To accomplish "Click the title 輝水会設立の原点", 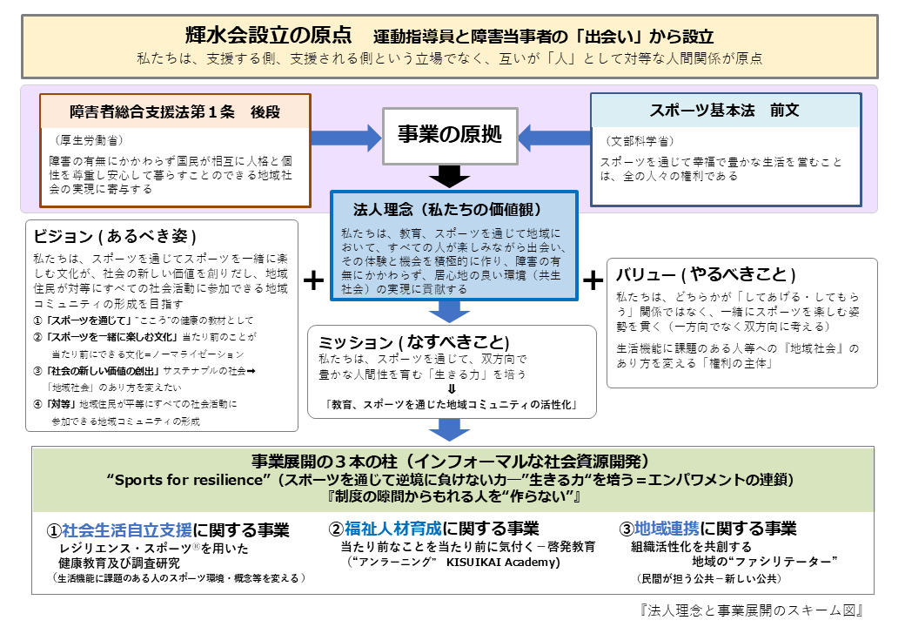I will (x=269, y=36).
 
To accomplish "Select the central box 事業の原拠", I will (x=450, y=135).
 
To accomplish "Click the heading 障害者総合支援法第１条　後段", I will (x=174, y=111).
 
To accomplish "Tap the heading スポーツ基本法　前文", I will (x=724, y=111).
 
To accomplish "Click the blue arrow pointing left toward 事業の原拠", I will (x=554, y=137).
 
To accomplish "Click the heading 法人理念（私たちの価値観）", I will (x=447, y=210).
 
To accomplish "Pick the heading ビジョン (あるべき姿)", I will (x=114, y=237).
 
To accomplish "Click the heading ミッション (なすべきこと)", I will (x=413, y=340).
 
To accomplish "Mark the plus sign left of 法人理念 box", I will (x=313, y=280).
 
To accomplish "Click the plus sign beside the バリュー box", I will (x=593, y=280).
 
